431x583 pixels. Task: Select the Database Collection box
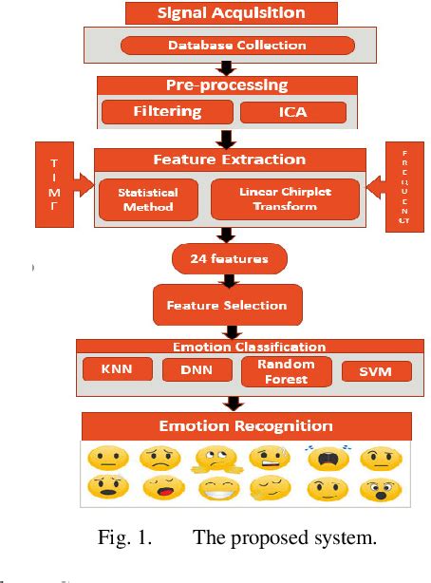pyautogui.click(x=236, y=45)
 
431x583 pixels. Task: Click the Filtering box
pyautogui.click(x=166, y=112)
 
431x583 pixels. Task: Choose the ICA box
pyautogui.click(x=292, y=112)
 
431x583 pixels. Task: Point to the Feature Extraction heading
pyautogui.click(x=231, y=159)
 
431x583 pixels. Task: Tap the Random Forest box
pyautogui.click(x=286, y=371)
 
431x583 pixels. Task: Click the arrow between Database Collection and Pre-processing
pyautogui.click(x=227, y=67)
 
